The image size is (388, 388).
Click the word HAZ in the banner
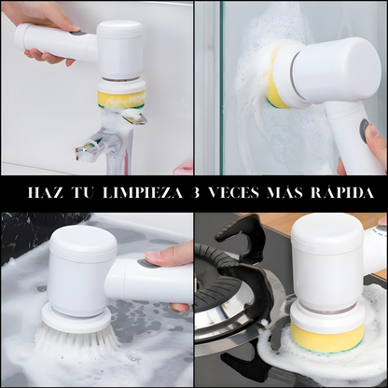coord(45,193)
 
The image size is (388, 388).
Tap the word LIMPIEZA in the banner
coord(142,193)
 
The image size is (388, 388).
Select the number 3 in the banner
coord(195,193)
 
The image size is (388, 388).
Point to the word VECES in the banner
coord(233,193)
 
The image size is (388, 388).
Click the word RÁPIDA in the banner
coord(342,192)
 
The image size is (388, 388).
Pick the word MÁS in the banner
coord(285,192)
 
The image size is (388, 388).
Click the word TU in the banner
coord(82,193)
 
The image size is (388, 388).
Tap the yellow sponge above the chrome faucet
coord(121,99)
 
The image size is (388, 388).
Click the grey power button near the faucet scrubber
coord(78,34)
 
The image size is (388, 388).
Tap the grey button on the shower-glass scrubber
coord(364,130)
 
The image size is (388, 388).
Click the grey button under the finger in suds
coord(144,263)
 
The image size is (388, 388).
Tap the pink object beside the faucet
coord(184,165)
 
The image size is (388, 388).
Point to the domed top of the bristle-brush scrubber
coord(83,242)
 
